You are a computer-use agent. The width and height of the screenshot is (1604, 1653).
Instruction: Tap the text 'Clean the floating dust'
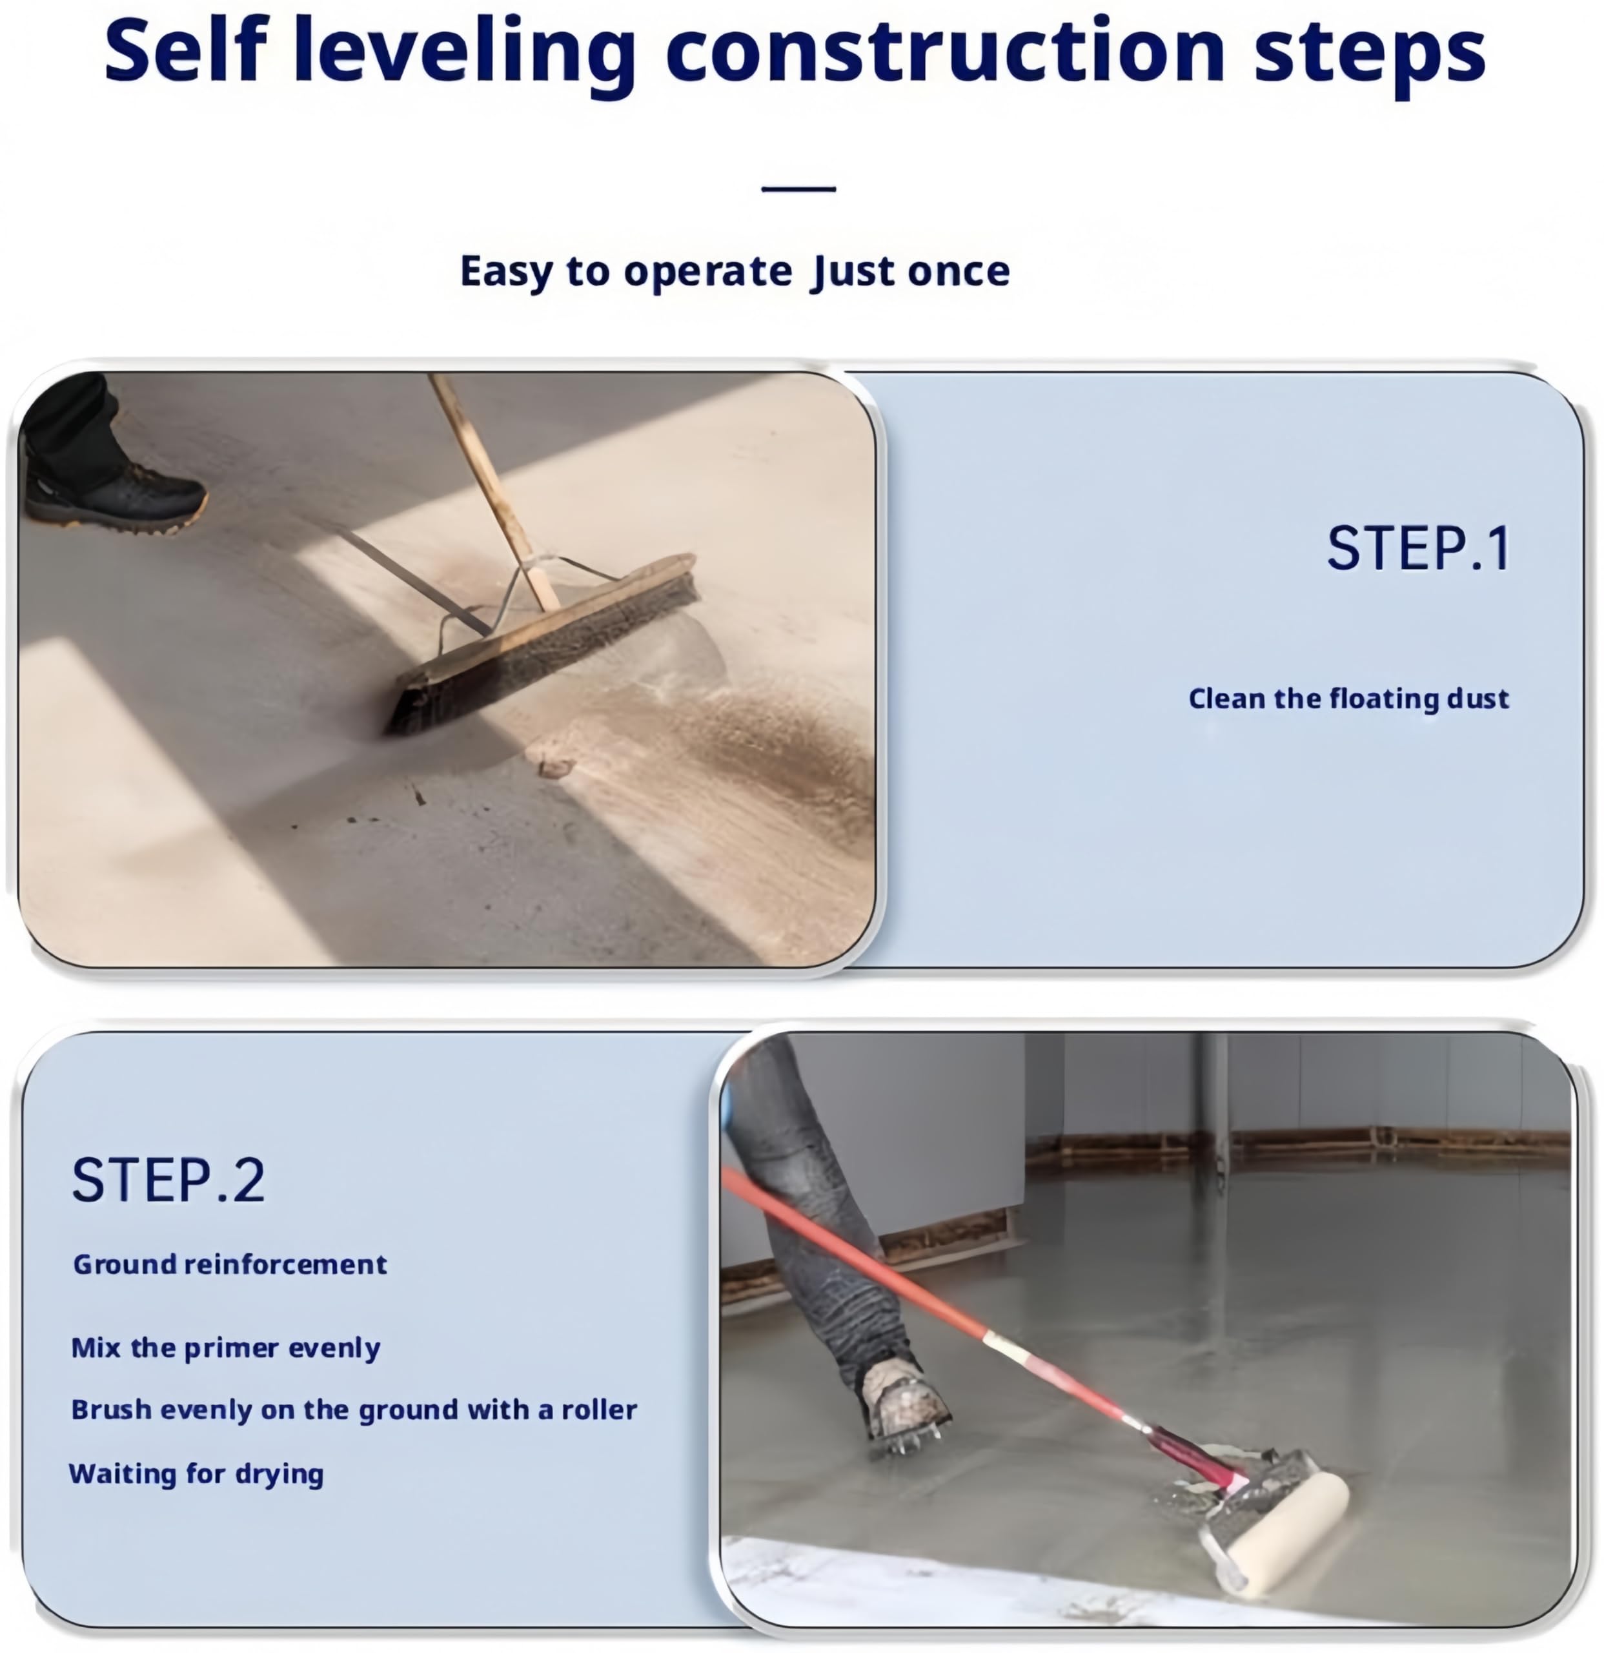point(1348,698)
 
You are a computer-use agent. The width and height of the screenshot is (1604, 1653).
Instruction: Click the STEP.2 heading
point(168,1179)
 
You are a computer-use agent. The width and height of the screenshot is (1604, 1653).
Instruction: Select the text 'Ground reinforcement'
point(230,1264)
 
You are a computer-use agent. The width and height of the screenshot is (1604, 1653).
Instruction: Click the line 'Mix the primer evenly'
point(226,1348)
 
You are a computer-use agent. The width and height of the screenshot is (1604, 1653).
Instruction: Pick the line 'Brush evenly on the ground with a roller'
point(354,1410)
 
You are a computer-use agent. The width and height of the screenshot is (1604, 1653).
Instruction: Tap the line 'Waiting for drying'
point(196,1473)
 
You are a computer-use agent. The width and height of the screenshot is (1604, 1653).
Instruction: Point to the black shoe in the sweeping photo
point(114,498)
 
